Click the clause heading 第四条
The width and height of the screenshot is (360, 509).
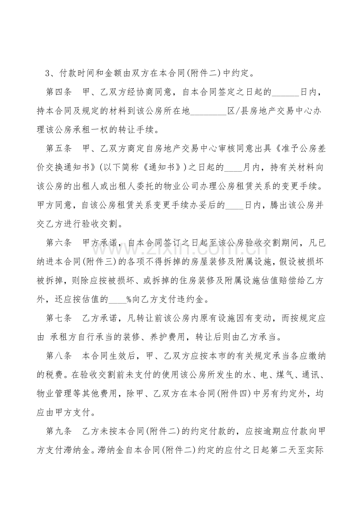(x=59, y=93)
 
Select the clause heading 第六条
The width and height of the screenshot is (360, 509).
(x=59, y=243)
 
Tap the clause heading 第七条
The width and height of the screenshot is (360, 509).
(x=59, y=318)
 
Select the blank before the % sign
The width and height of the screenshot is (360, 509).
(x=117, y=301)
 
